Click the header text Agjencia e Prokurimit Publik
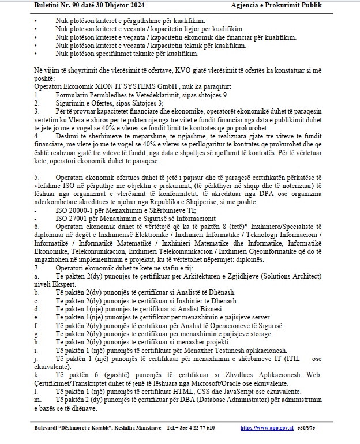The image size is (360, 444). tap(284, 6)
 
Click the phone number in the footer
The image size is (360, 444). tap(190, 427)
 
